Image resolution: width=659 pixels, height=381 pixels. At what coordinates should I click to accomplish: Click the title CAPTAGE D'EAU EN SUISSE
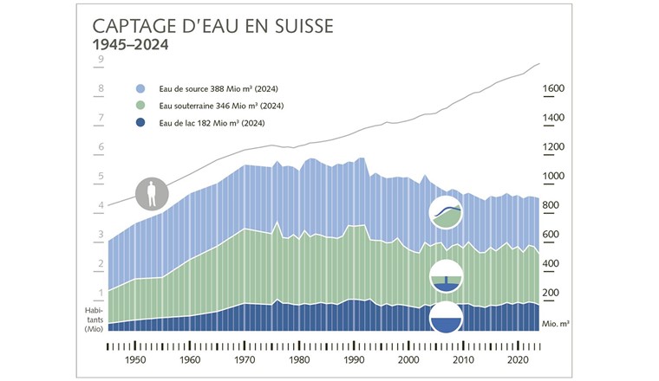point(212,24)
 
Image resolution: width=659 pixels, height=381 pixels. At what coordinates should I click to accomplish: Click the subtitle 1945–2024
point(130,43)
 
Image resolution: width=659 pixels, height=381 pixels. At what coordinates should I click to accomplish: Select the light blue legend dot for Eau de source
point(141,89)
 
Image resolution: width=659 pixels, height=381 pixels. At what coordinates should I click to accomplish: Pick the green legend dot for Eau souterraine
point(141,106)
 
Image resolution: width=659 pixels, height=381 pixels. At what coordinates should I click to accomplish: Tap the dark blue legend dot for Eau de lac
point(141,123)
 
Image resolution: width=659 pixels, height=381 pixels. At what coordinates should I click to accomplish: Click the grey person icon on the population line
point(152,193)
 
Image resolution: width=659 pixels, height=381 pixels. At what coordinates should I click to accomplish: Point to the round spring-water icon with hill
point(447,212)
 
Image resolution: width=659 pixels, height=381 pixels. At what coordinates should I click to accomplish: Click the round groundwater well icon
point(447,276)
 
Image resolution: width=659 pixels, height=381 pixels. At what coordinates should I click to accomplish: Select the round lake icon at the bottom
point(447,318)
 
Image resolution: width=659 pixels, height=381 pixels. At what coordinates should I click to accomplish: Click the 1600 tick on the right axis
point(553,89)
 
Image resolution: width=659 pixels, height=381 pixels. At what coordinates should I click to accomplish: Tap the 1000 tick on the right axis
point(553,177)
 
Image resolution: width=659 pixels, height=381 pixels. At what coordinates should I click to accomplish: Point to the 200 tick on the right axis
point(553,294)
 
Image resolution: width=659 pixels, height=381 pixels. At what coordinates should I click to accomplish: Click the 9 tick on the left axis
point(101,60)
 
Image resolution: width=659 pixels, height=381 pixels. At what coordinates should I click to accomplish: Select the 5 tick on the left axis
point(101,177)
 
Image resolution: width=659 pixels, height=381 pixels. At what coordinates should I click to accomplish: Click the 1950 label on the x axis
point(134,358)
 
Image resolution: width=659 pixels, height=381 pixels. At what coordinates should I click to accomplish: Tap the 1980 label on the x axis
point(297,358)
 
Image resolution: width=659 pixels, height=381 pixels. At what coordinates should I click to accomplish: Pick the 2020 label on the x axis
point(516,358)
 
